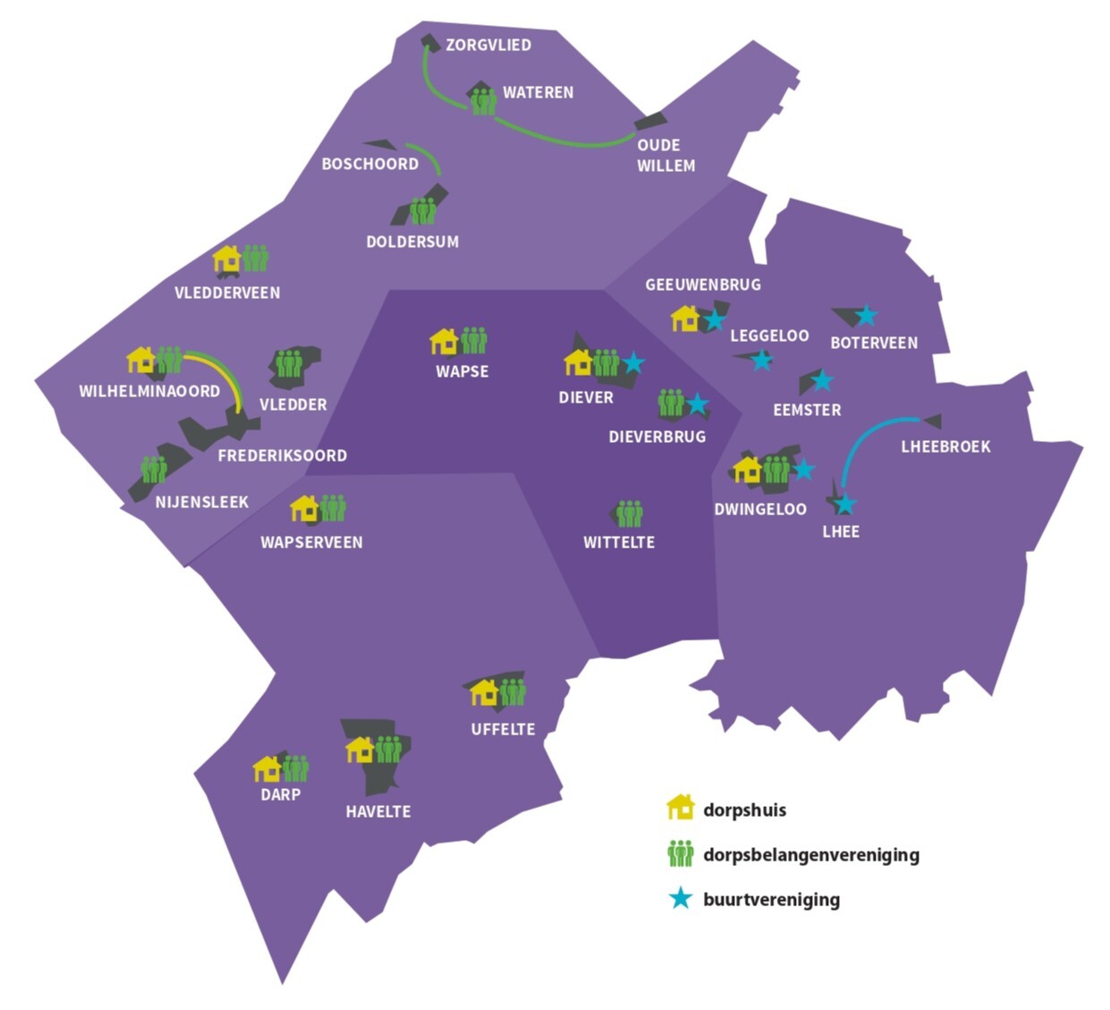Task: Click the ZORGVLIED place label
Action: pyautogui.click(x=487, y=45)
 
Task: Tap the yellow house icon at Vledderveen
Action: pyautogui.click(x=227, y=259)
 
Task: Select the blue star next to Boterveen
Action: pyautogui.click(x=866, y=315)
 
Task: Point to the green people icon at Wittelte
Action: pyautogui.click(x=631, y=513)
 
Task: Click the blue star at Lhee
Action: pyautogui.click(x=844, y=505)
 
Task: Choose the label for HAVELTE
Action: pyautogui.click(x=378, y=811)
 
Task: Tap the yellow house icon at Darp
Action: pyautogui.click(x=267, y=768)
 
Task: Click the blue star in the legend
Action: pyautogui.click(x=681, y=898)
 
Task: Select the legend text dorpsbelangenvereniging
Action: pyautogui.click(x=810, y=854)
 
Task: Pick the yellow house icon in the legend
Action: pyautogui.click(x=681, y=807)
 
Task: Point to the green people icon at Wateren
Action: pyautogui.click(x=484, y=101)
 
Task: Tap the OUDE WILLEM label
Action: pyautogui.click(x=665, y=155)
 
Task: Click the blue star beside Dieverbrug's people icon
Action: pyautogui.click(x=698, y=404)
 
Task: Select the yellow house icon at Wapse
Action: pyautogui.click(x=444, y=341)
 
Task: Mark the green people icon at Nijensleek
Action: pyautogui.click(x=154, y=469)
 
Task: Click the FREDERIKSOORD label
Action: pyautogui.click(x=282, y=455)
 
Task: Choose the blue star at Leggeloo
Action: pyautogui.click(x=761, y=360)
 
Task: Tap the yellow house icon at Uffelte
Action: pyautogui.click(x=484, y=692)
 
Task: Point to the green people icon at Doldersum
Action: pyautogui.click(x=423, y=211)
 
